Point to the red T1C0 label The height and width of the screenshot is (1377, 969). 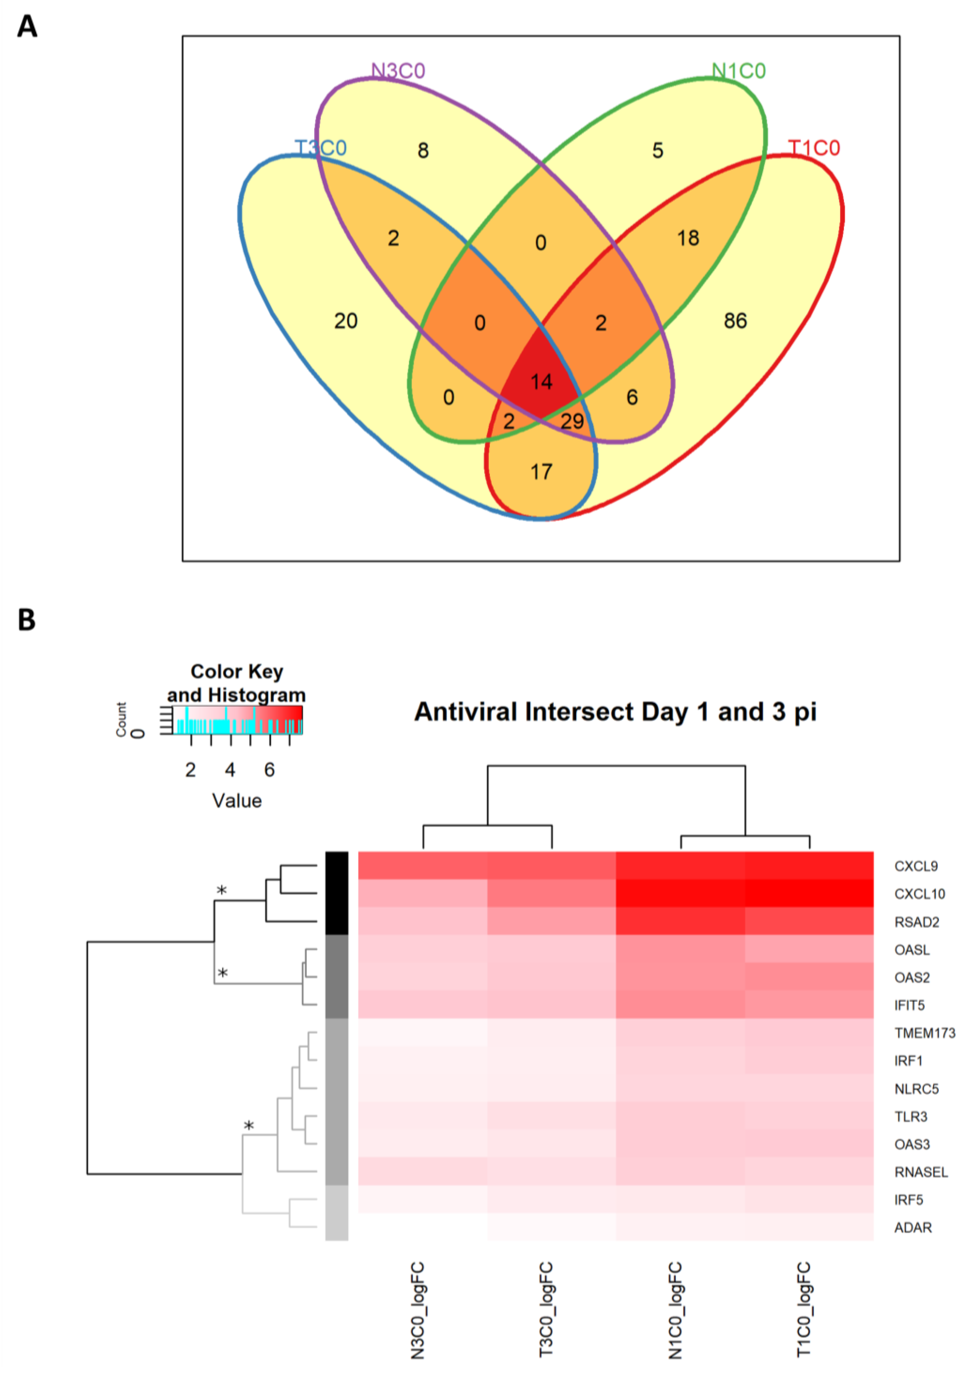814,148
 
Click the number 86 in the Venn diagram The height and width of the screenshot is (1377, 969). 735,321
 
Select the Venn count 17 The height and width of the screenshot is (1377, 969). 541,472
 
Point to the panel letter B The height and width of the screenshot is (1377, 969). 26,620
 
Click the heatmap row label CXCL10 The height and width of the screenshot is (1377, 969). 919,894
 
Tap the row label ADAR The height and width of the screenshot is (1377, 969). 913,1228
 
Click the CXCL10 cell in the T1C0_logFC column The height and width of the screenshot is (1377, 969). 809,894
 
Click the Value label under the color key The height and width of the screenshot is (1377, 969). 237,801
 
